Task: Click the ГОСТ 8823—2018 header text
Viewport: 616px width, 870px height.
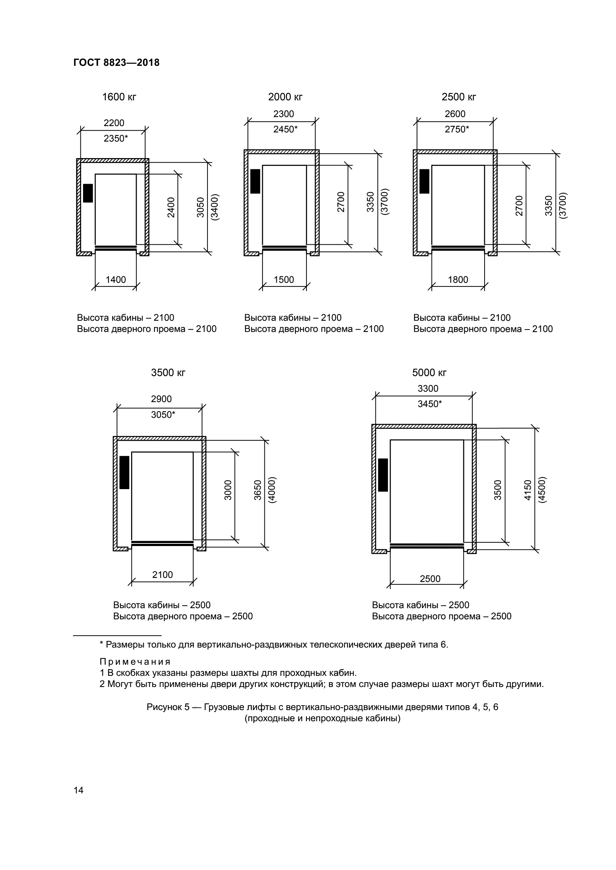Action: (117, 62)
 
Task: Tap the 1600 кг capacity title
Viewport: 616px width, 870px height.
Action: (119, 97)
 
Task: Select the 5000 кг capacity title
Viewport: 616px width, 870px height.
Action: (429, 373)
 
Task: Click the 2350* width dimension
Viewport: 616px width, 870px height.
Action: (116, 139)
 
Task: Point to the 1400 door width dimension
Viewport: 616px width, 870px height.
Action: (116, 280)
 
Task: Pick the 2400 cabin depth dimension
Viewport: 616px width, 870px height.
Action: (171, 207)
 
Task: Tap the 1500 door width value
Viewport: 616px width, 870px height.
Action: (284, 280)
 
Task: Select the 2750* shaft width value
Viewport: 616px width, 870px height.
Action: (457, 129)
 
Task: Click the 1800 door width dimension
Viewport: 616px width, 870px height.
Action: (458, 280)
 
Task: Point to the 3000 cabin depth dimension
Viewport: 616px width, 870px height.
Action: (228, 490)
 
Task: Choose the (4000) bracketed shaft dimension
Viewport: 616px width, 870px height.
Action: (272, 490)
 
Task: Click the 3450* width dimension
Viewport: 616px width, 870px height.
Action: (430, 404)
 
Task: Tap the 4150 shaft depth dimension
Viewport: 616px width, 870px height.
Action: (528, 490)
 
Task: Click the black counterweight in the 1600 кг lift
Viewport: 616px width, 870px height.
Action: (88, 193)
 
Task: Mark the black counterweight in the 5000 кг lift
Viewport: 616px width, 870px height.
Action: (383, 475)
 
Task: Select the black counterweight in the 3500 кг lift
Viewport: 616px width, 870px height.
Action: (124, 472)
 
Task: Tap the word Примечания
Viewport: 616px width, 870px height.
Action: (135, 662)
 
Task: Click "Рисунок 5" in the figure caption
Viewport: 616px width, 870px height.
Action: (168, 707)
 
